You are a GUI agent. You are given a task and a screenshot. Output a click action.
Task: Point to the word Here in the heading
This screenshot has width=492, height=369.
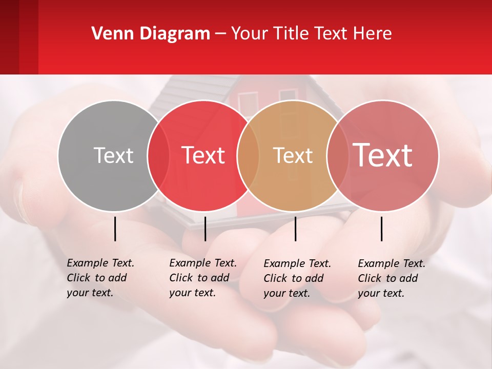tap(373, 34)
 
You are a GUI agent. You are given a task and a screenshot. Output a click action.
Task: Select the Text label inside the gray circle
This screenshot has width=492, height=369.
tap(113, 155)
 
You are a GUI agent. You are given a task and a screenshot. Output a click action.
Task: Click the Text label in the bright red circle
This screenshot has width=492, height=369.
tap(203, 155)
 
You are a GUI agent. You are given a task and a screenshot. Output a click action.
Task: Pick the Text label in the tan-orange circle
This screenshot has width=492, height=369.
tap(293, 155)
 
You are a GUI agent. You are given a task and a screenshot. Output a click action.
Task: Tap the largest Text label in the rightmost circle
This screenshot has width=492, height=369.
tap(383, 155)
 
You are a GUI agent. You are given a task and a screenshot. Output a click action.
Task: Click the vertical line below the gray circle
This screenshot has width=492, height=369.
tap(115, 229)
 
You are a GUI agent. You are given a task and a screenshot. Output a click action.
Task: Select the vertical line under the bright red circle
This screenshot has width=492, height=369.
tap(205, 229)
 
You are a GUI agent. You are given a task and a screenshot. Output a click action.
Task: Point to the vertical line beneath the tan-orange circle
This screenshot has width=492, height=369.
tap(295, 229)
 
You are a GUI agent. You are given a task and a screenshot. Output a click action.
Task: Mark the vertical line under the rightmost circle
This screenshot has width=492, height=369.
tap(382, 229)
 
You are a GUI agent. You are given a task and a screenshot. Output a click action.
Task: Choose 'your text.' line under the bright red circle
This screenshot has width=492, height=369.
tap(192, 293)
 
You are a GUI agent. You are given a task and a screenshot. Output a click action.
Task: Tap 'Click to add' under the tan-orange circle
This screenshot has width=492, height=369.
tap(293, 278)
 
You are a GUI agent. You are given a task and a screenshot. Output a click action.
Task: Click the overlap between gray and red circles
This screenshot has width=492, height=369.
tap(158, 155)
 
